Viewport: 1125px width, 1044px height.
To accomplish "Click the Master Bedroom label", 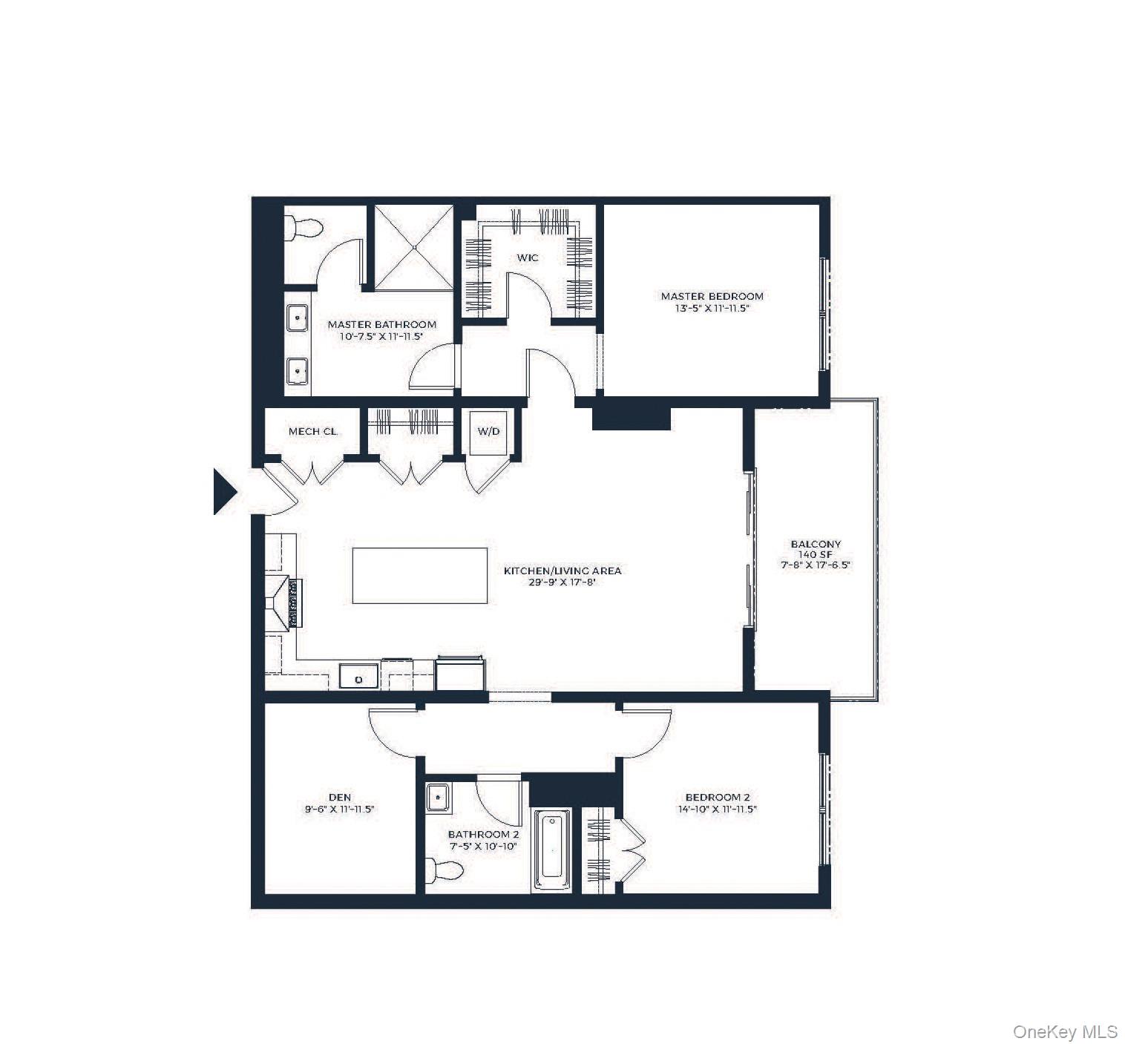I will click(712, 296).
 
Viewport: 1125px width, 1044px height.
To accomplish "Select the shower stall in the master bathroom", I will click(413, 246).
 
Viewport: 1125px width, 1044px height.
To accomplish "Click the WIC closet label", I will click(528, 258).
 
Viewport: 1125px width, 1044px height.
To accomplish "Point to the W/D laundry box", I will click(488, 431).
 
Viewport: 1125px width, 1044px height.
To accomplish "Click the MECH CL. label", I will click(312, 431).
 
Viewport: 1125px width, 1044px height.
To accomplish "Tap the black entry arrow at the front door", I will click(223, 491).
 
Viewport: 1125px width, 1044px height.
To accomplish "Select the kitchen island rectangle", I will click(420, 575).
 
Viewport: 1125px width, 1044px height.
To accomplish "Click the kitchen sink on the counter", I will click(359, 677).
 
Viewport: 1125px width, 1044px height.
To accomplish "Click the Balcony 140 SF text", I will click(816, 554).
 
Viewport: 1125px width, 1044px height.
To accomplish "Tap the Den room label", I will click(339, 798).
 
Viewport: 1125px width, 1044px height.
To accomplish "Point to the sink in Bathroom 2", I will click(437, 798).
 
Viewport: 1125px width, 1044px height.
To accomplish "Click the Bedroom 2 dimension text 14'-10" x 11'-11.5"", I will click(716, 810).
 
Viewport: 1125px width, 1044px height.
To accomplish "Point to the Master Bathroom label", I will click(381, 324).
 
